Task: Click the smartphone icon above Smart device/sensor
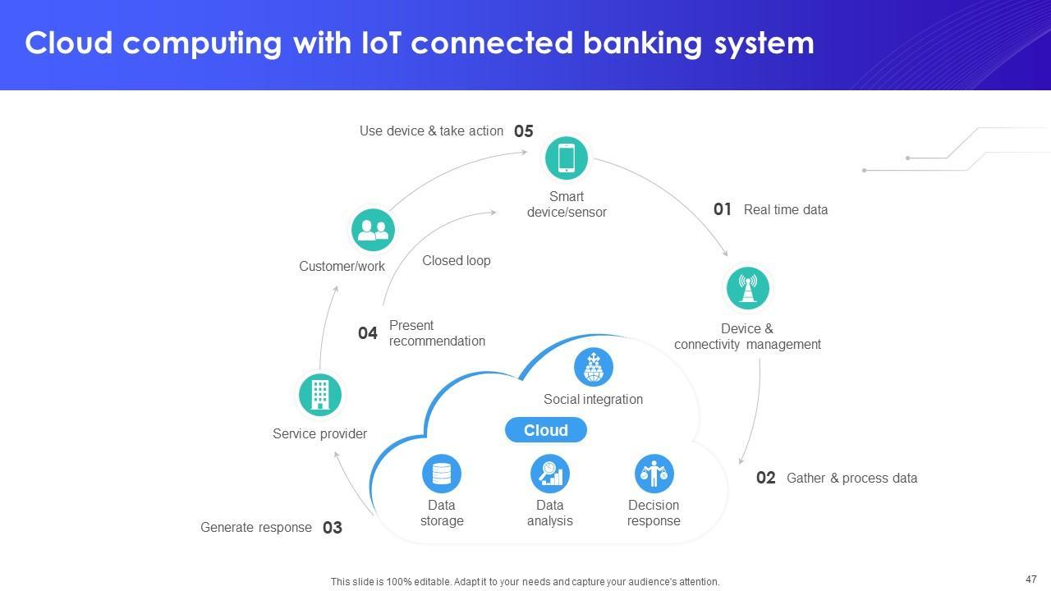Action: click(x=567, y=158)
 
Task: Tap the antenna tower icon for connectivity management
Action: click(x=747, y=288)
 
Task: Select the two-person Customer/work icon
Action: click(x=373, y=230)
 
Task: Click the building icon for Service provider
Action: click(x=320, y=394)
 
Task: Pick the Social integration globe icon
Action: click(x=594, y=367)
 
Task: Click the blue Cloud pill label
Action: click(x=546, y=430)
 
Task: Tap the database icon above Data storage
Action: click(x=442, y=474)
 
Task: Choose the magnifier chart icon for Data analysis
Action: click(x=550, y=474)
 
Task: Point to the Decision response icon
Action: click(x=654, y=474)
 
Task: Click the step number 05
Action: click(x=524, y=131)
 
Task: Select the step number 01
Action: click(x=723, y=210)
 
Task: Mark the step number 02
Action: click(x=766, y=479)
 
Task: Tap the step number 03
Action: click(x=333, y=528)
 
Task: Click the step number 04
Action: click(x=368, y=333)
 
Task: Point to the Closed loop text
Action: click(x=457, y=261)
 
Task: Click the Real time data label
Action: click(x=786, y=210)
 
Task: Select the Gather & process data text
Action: click(x=851, y=479)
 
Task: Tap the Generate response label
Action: click(x=256, y=528)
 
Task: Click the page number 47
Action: click(x=1031, y=579)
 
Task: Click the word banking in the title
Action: click(x=642, y=44)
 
